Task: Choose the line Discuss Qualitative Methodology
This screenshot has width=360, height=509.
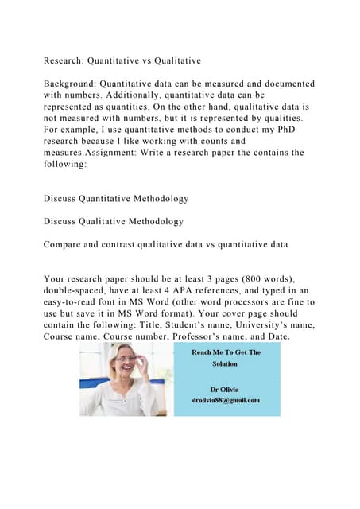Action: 114,221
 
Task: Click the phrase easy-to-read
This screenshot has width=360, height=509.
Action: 80,305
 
